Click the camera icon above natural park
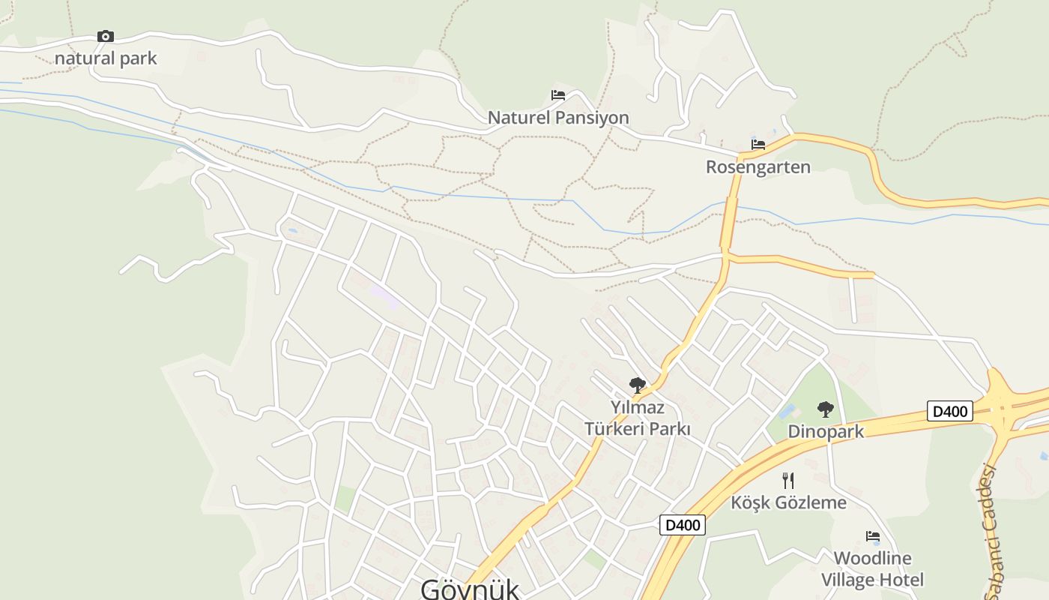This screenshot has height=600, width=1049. [x=106, y=36]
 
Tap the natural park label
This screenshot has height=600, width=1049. [x=106, y=58]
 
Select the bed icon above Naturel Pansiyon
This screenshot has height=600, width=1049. [x=558, y=95]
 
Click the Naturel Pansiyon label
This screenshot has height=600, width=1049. [x=558, y=118]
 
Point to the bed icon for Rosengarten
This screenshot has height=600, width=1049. [x=758, y=144]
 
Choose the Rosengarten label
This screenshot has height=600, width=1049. [x=758, y=166]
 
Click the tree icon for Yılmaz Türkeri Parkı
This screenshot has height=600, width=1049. [x=638, y=385]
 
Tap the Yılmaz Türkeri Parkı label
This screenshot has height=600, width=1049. [x=638, y=418]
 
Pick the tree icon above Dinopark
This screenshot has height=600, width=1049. [x=826, y=409]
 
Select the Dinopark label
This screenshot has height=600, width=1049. [x=826, y=432]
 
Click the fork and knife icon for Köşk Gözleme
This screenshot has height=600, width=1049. [x=788, y=480]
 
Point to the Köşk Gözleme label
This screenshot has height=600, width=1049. [x=788, y=502]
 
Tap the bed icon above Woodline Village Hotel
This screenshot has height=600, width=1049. [x=873, y=536]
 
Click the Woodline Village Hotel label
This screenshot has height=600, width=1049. [x=872, y=568]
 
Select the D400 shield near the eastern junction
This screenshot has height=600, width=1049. [x=950, y=411]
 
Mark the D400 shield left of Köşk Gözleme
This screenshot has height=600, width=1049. [x=683, y=525]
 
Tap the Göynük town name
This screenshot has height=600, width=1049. [x=470, y=588]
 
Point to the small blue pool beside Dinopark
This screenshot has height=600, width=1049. [x=787, y=411]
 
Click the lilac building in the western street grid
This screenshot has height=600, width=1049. [x=384, y=297]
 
